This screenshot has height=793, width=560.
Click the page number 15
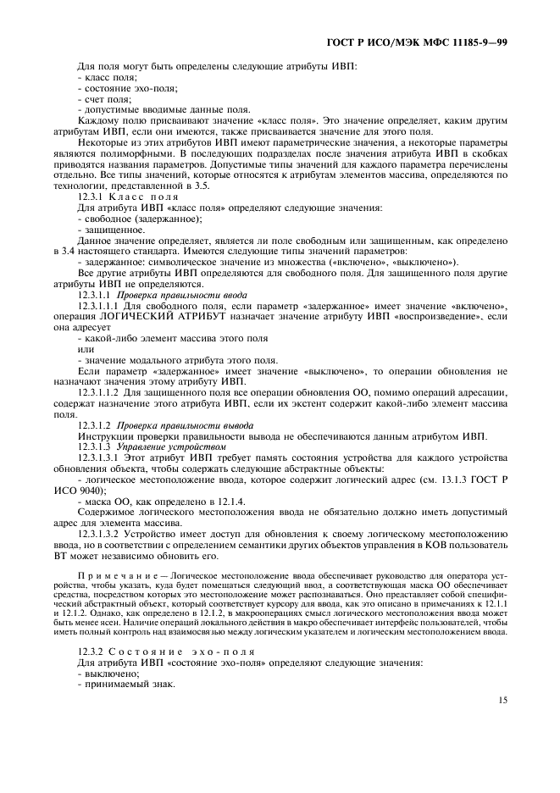click(x=502, y=700)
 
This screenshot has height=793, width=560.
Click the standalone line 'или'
click(x=86, y=348)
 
